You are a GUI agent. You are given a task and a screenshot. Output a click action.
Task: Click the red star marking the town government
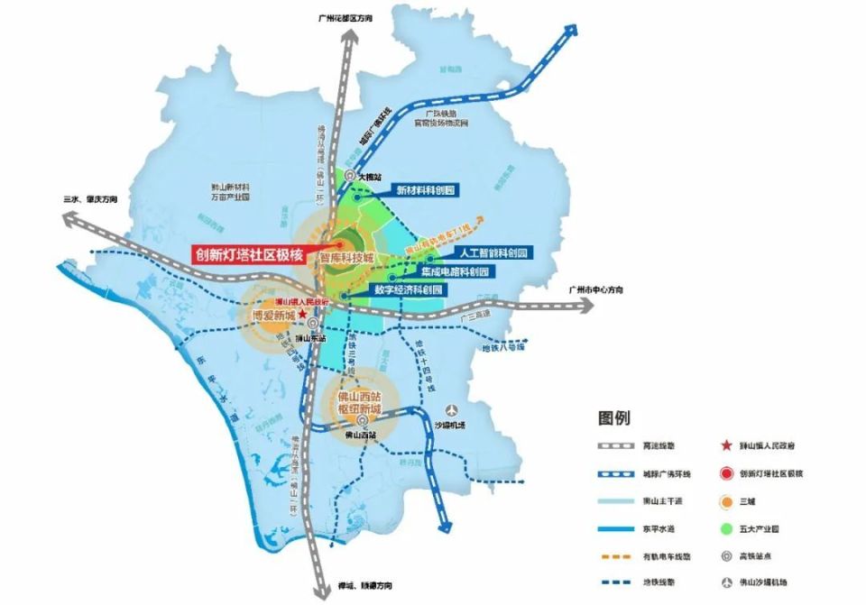303,316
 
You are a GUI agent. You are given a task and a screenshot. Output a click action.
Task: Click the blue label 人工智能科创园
491,252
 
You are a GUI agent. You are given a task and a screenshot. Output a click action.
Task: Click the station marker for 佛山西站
361,421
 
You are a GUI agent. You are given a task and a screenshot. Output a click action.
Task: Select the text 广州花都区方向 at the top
346,16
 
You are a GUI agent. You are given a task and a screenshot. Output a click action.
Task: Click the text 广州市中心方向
591,290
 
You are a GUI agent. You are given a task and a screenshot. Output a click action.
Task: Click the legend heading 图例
614,417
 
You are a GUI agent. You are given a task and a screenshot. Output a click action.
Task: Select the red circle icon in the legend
725,472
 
